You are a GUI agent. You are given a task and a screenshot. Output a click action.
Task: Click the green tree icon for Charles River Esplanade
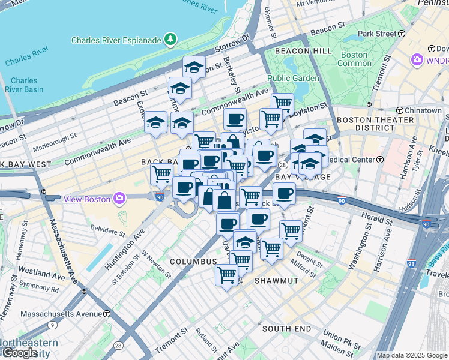coord(172,40)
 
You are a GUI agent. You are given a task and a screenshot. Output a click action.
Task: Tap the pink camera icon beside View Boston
coord(120,198)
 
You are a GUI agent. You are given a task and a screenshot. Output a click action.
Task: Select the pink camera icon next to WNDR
coord(417,60)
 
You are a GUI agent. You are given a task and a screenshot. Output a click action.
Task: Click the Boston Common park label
coord(355,59)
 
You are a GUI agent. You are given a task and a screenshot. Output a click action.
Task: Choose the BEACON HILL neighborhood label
coord(303,52)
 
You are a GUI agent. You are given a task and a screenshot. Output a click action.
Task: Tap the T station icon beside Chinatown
coord(400,110)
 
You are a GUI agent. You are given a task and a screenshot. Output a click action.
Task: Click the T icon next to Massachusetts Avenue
coord(107,313)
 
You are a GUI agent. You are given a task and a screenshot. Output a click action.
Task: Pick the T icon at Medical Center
coord(380,160)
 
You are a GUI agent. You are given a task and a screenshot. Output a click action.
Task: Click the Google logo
coord(19,353)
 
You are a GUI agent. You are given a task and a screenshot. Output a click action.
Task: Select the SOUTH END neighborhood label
coord(286,329)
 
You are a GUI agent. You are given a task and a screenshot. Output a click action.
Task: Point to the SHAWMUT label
coord(273,281)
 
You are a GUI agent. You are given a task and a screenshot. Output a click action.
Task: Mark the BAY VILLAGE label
coord(295,178)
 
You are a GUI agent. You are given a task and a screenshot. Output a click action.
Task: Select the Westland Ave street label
coord(41,275)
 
